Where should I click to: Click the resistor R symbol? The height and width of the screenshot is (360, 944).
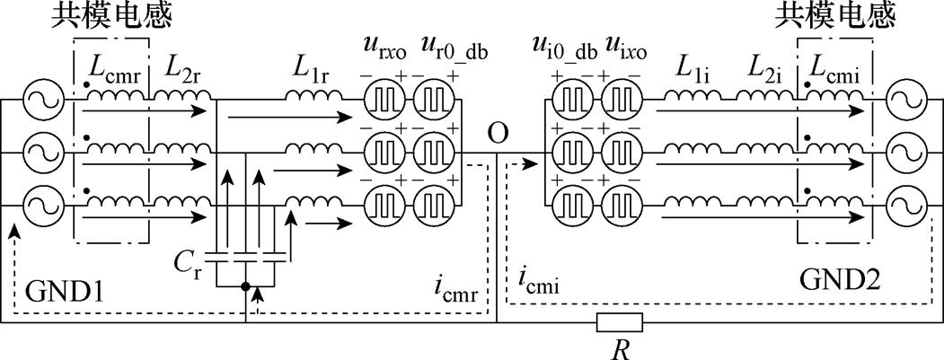pyautogui.click(x=619, y=322)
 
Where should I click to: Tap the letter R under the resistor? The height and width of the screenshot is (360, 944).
pyautogui.click(x=619, y=347)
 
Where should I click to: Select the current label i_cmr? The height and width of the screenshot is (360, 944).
pyautogui.click(x=454, y=288)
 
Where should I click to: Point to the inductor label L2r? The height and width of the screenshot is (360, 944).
pyautogui.click(x=183, y=68)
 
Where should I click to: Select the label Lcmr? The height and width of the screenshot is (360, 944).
pyautogui.click(x=115, y=68)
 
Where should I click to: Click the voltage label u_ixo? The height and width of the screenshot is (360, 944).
pyautogui.click(x=624, y=49)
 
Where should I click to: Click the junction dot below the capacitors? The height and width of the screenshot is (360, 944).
pyautogui.click(x=245, y=288)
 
